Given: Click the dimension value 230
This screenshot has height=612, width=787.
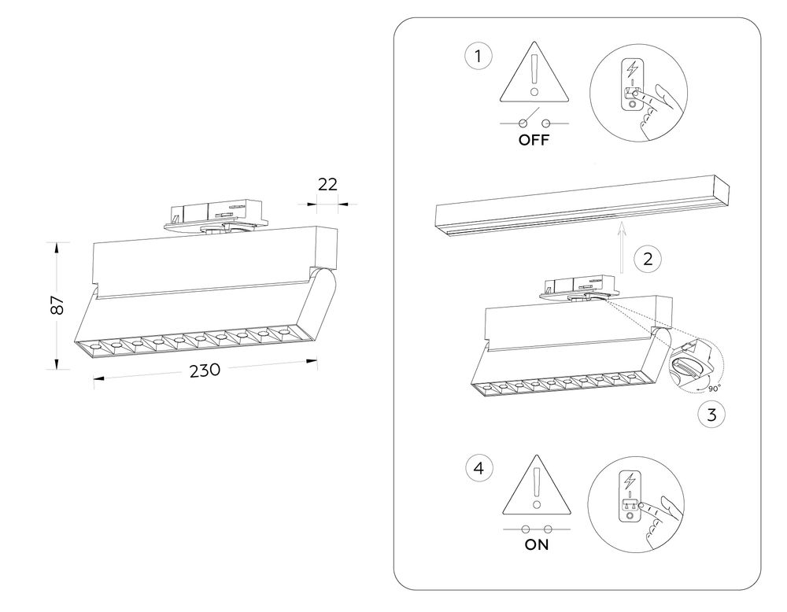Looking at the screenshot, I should [x=204, y=371].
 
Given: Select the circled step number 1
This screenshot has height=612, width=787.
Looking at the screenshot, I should [x=478, y=57].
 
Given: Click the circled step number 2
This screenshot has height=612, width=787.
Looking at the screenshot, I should [x=647, y=259].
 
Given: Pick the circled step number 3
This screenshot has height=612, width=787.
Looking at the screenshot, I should [x=711, y=415].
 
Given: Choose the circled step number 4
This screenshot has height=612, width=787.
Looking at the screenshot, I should [x=478, y=469].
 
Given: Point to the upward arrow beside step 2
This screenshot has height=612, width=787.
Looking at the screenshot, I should [x=621, y=248].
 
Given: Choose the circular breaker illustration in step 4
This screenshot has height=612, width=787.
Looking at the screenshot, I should [x=634, y=504].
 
